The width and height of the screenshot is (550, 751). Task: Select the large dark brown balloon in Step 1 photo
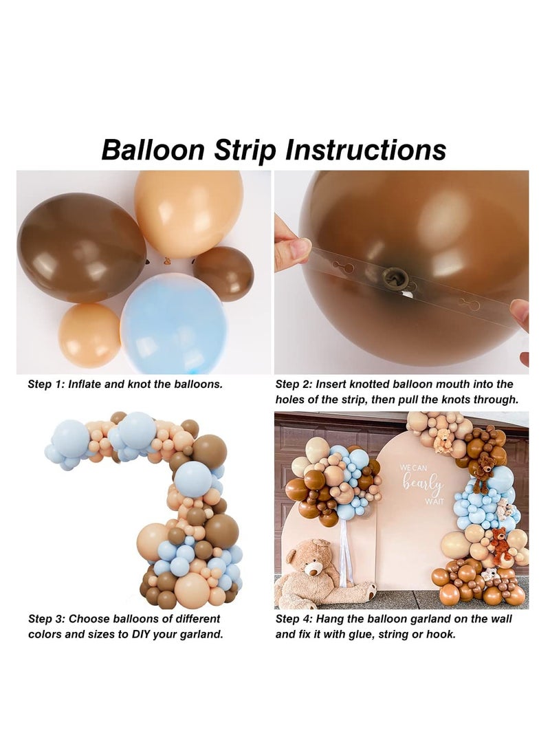click(81, 248)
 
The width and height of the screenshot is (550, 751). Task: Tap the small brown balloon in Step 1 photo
click(224, 273)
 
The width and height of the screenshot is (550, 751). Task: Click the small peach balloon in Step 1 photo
click(89, 335)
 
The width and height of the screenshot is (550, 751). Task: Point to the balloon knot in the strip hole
click(397, 278)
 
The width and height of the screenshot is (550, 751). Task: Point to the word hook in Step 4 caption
click(439, 634)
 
